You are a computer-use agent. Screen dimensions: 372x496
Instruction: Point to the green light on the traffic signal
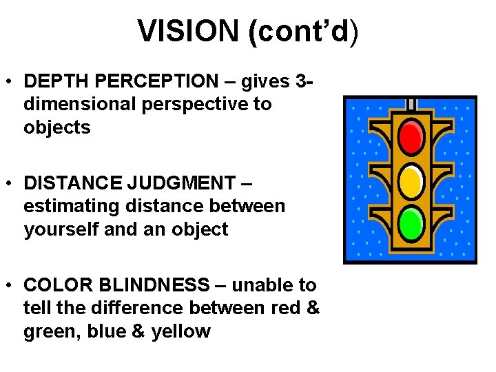tap(411, 222)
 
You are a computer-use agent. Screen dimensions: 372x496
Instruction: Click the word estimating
tap(68, 206)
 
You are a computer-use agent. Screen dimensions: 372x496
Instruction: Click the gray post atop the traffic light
tap(411, 104)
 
